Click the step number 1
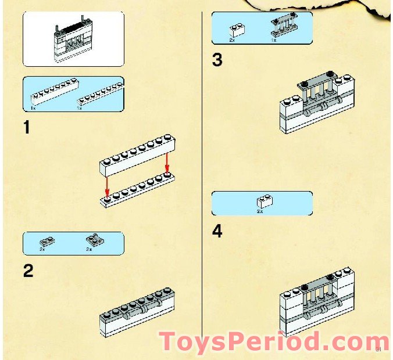click(26, 127)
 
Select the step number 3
click(217, 60)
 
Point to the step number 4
click(217, 232)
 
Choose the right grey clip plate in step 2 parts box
click(92, 239)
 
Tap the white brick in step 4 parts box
click(265, 201)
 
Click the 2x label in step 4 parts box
click(260, 211)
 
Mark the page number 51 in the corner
click(378, 350)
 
